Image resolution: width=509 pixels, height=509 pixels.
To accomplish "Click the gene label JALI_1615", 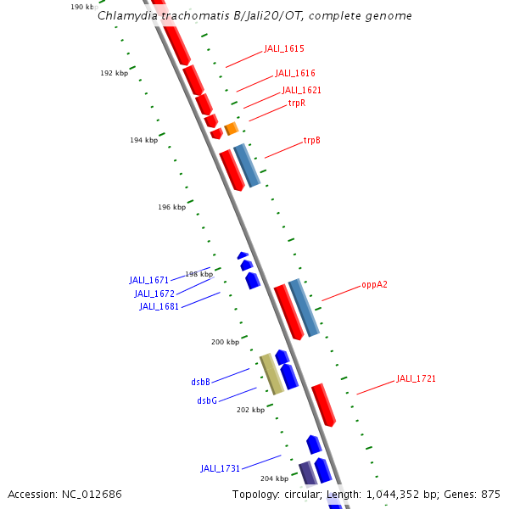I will (x=283, y=49).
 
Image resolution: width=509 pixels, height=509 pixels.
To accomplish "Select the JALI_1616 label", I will (x=294, y=74).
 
